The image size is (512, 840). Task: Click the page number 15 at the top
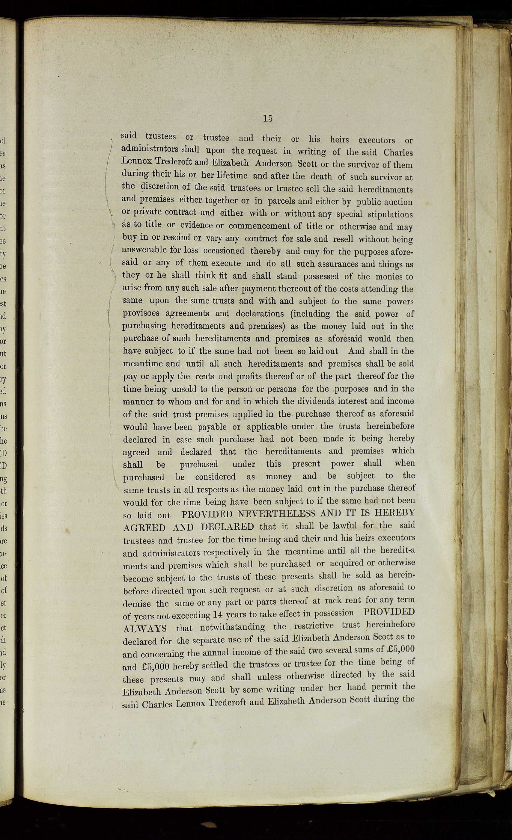point(268,118)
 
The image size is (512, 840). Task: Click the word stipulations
point(390,214)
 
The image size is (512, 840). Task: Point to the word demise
point(137,604)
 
